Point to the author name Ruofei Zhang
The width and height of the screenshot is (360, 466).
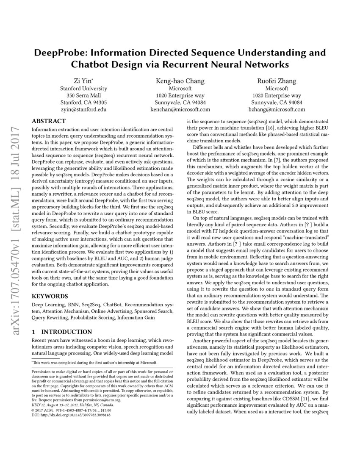[x=277, y=81]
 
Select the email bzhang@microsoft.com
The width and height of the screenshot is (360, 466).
[x=277, y=109]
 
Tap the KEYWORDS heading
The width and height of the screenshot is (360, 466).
[x=50, y=296]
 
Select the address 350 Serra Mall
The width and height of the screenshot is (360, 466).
[x=83, y=95]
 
